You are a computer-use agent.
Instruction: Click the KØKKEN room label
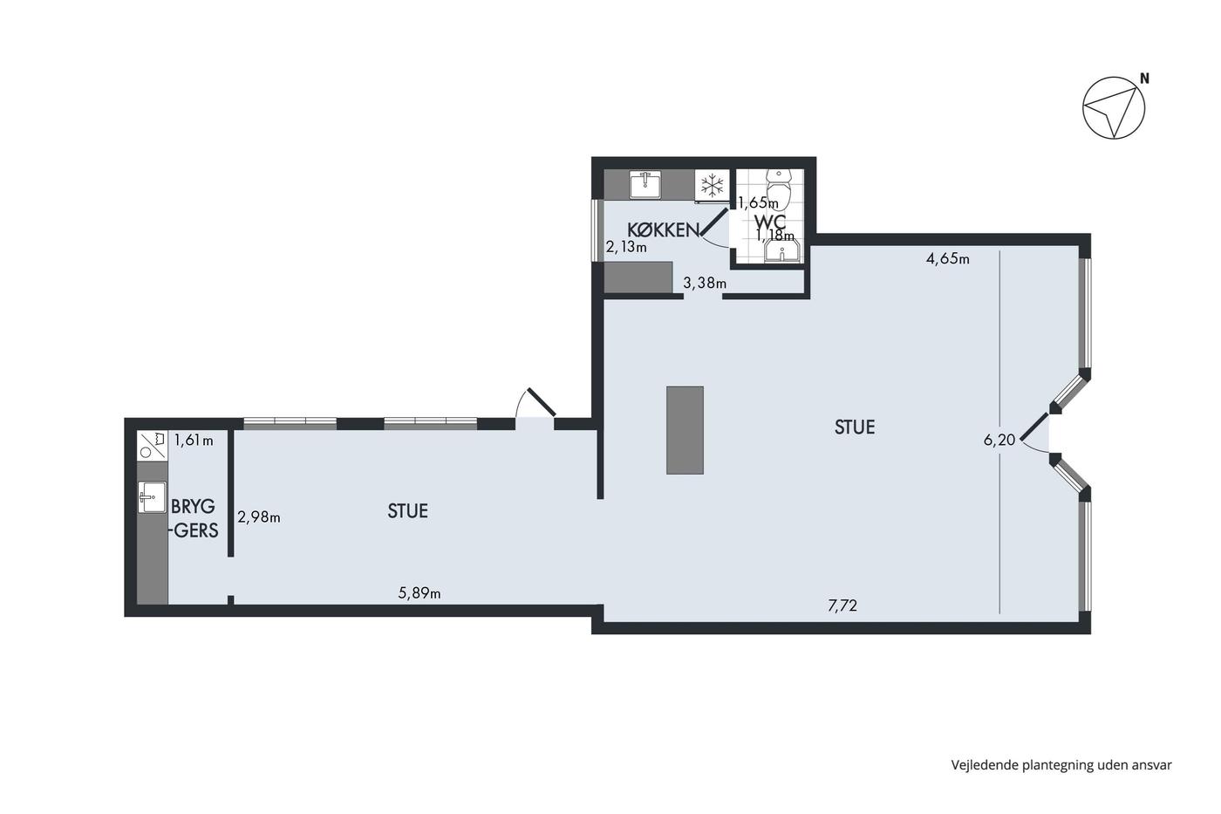(x=664, y=230)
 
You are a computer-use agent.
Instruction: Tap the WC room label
(x=770, y=222)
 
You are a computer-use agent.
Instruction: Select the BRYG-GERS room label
(x=194, y=518)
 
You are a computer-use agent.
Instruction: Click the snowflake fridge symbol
(x=712, y=185)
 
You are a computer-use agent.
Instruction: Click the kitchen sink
(x=645, y=184)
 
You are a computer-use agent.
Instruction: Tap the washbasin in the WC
(x=781, y=252)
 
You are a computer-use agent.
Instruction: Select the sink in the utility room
(x=152, y=496)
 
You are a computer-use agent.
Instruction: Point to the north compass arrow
(x=1114, y=108)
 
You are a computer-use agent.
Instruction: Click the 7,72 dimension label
(x=842, y=605)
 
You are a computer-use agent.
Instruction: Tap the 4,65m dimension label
(x=947, y=258)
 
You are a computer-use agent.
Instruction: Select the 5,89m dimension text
(x=420, y=593)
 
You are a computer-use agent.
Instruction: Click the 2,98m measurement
(x=259, y=516)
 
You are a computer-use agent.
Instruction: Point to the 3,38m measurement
(x=705, y=283)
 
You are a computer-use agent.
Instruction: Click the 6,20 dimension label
(x=999, y=440)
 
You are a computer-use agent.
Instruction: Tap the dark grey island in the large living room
(x=685, y=430)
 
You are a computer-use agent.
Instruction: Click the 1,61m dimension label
(x=194, y=440)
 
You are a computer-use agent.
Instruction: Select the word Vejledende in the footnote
(x=984, y=765)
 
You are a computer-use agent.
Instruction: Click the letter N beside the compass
(x=1144, y=79)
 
